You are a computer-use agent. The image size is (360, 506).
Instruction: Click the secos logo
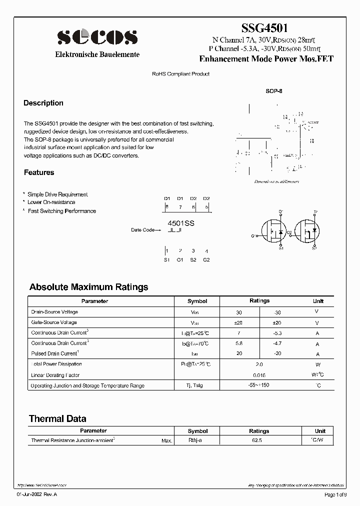(97, 37)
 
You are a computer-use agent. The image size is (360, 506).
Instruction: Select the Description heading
(43, 103)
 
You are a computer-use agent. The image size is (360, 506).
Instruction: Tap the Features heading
(39, 172)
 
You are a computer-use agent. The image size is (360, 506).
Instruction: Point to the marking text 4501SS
(180, 224)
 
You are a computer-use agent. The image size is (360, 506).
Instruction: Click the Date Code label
(143, 230)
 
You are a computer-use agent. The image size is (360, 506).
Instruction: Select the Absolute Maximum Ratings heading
(88, 287)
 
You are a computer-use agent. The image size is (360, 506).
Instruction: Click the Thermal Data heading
(57, 418)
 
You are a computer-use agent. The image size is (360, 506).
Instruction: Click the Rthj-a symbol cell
(195, 440)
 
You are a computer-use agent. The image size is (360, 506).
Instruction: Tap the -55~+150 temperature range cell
(259, 385)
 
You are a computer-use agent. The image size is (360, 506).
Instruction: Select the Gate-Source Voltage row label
(54, 322)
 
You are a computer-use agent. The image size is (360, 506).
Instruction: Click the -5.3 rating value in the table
(278, 333)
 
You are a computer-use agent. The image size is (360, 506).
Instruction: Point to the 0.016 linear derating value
(259, 375)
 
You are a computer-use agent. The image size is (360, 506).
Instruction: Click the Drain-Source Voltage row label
(54, 311)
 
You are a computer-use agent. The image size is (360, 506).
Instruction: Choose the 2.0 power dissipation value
(259, 364)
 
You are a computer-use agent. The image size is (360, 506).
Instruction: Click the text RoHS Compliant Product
(180, 74)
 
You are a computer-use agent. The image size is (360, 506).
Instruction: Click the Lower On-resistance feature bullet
(51, 202)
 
